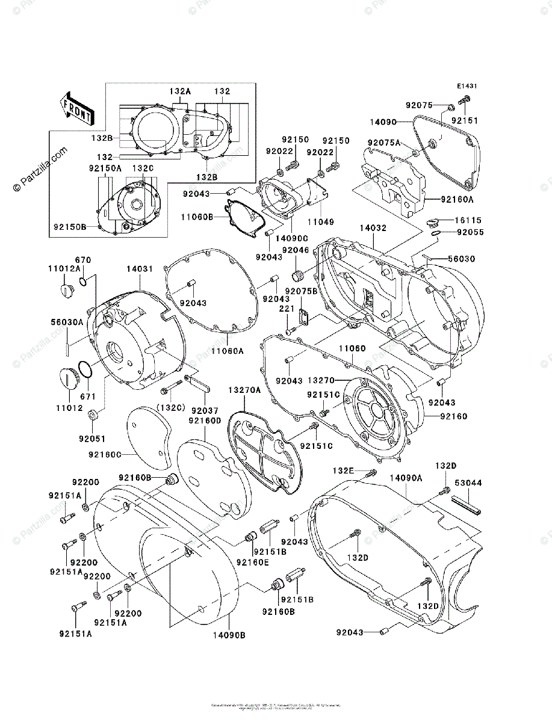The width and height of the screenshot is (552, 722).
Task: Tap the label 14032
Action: tap(374, 229)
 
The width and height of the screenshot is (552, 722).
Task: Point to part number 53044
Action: tap(468, 483)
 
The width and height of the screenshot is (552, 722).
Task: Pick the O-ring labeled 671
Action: tap(85, 370)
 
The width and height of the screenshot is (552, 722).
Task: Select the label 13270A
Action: tap(244, 390)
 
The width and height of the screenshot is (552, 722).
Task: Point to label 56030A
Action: tap(66, 322)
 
